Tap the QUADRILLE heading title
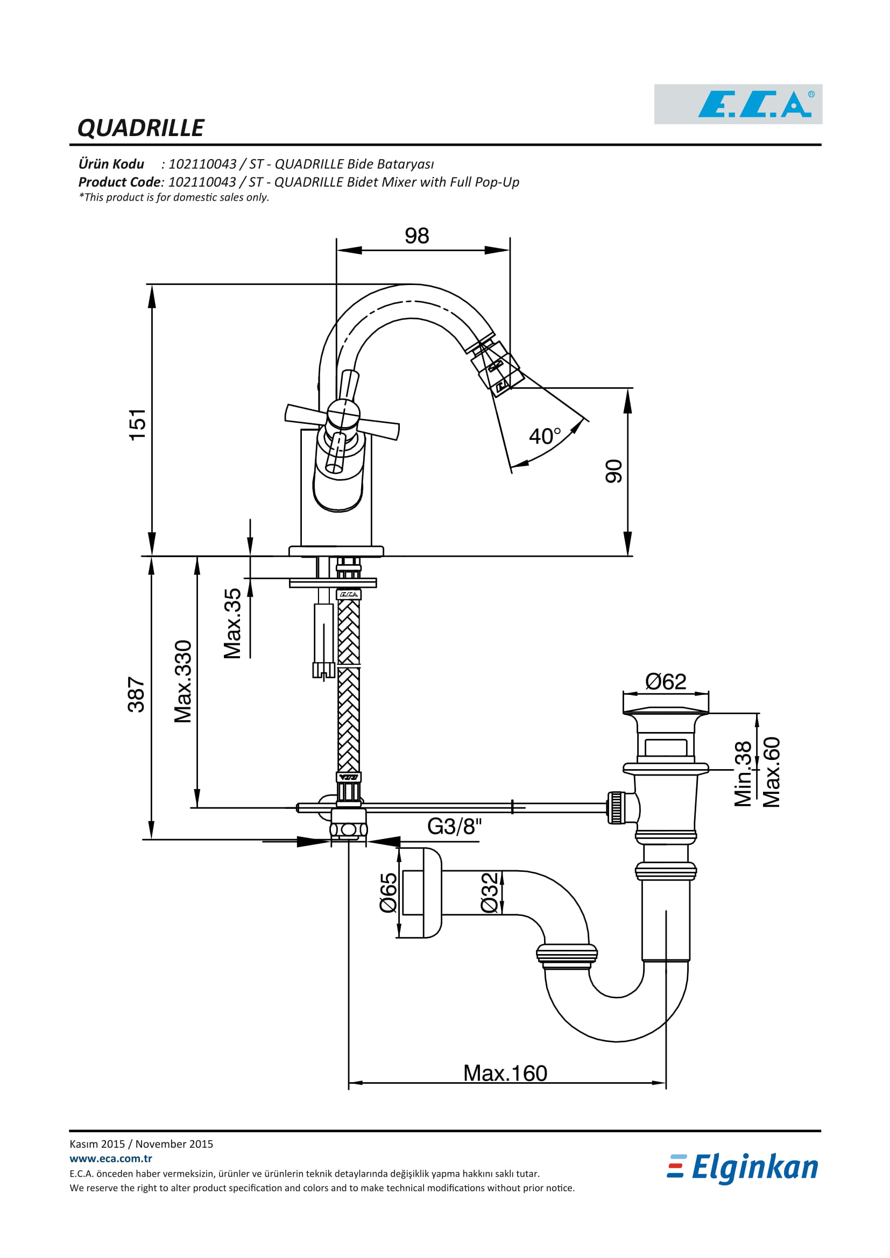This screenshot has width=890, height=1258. coord(141,128)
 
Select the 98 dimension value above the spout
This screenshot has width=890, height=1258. coord(416,236)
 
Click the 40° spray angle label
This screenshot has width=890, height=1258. coord(545,436)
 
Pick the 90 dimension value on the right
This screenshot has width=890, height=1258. coord(614,471)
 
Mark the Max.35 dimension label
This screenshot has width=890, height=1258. coord(232,623)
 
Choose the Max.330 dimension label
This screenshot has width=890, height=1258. coord(183,681)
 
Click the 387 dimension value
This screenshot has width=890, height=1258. coord(136,695)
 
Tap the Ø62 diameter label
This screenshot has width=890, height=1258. coord(666,682)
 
